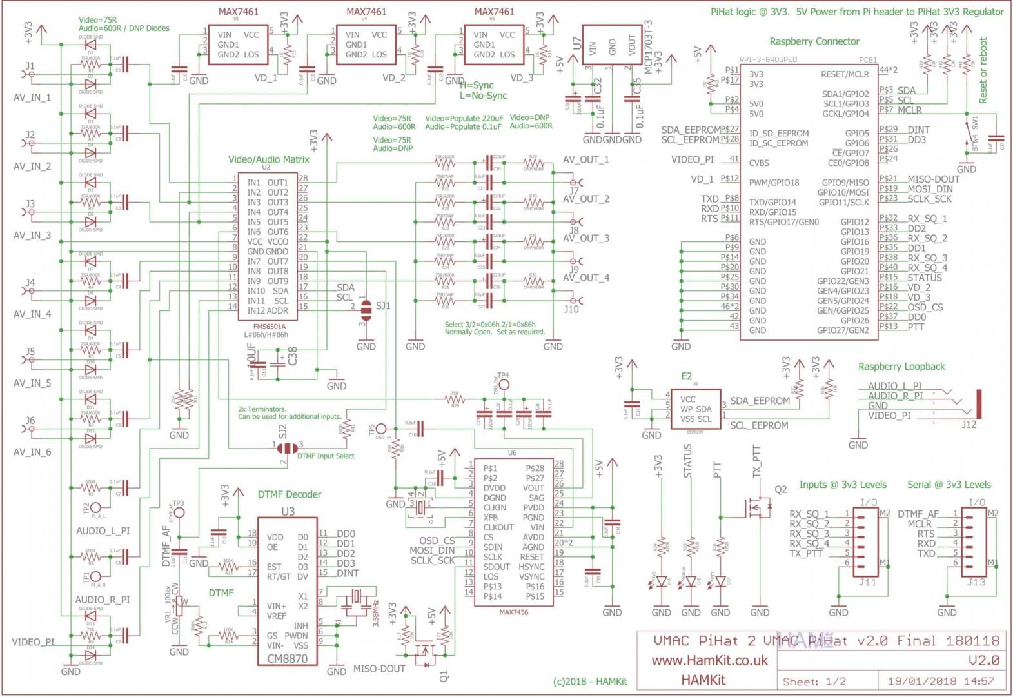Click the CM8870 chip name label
click(x=288, y=659)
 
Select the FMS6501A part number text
click(x=270, y=327)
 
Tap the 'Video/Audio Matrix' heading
click(x=269, y=159)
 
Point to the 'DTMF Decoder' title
click(x=290, y=494)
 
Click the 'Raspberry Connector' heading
click(x=814, y=41)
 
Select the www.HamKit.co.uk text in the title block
click(x=709, y=660)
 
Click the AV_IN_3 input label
click(x=32, y=236)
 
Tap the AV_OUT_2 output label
click(x=585, y=199)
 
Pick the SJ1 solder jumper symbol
click(x=366, y=310)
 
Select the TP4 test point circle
click(x=504, y=385)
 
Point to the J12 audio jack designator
click(x=969, y=424)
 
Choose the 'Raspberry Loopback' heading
click(x=901, y=367)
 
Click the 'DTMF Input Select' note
click(x=326, y=456)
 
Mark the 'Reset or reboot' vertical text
click(x=983, y=70)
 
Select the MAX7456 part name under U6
click(x=513, y=612)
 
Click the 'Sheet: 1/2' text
click(x=814, y=682)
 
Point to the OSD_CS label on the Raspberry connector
click(x=925, y=307)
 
